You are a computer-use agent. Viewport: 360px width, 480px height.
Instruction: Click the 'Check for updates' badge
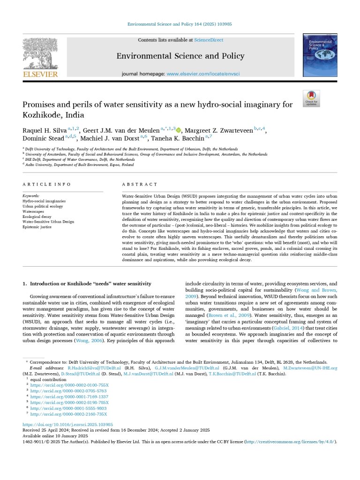(x=311, y=98)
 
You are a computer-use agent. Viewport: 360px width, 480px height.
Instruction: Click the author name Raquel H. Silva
(x=45, y=129)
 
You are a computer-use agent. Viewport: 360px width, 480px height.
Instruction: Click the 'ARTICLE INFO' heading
(x=47, y=184)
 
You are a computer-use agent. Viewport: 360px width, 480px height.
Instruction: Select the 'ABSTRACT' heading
(x=140, y=184)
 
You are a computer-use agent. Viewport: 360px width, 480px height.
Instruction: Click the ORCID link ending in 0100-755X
(x=69, y=384)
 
